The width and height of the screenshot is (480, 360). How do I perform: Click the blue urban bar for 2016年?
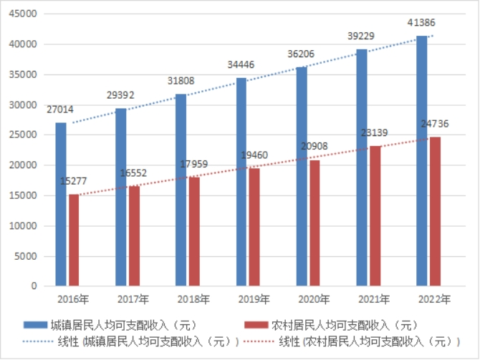point(61,204)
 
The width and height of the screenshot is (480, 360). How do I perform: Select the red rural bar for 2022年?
point(435,211)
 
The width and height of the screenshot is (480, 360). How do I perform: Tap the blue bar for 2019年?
point(241,182)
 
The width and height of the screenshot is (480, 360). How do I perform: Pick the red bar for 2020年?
point(315,223)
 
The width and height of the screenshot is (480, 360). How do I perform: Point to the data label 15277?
point(75,181)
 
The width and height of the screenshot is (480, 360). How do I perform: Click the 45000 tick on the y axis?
point(24,14)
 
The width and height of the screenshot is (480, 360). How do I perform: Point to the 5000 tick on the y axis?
point(27,256)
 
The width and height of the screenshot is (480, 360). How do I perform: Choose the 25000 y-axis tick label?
point(24,135)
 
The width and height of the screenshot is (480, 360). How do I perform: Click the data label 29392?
point(130,94)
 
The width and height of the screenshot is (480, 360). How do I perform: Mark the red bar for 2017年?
point(135,235)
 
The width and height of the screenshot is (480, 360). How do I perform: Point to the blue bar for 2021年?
point(362,167)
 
